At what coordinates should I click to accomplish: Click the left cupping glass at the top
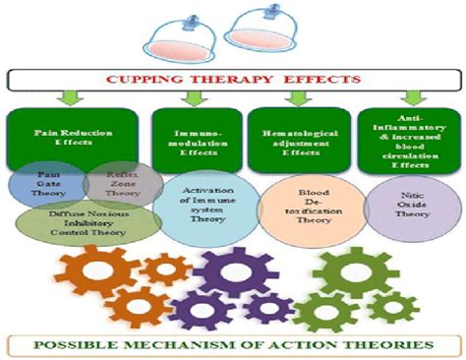(180, 37)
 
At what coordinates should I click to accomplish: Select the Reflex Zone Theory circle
(116, 185)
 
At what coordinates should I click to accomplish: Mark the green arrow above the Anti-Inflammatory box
(410, 98)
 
